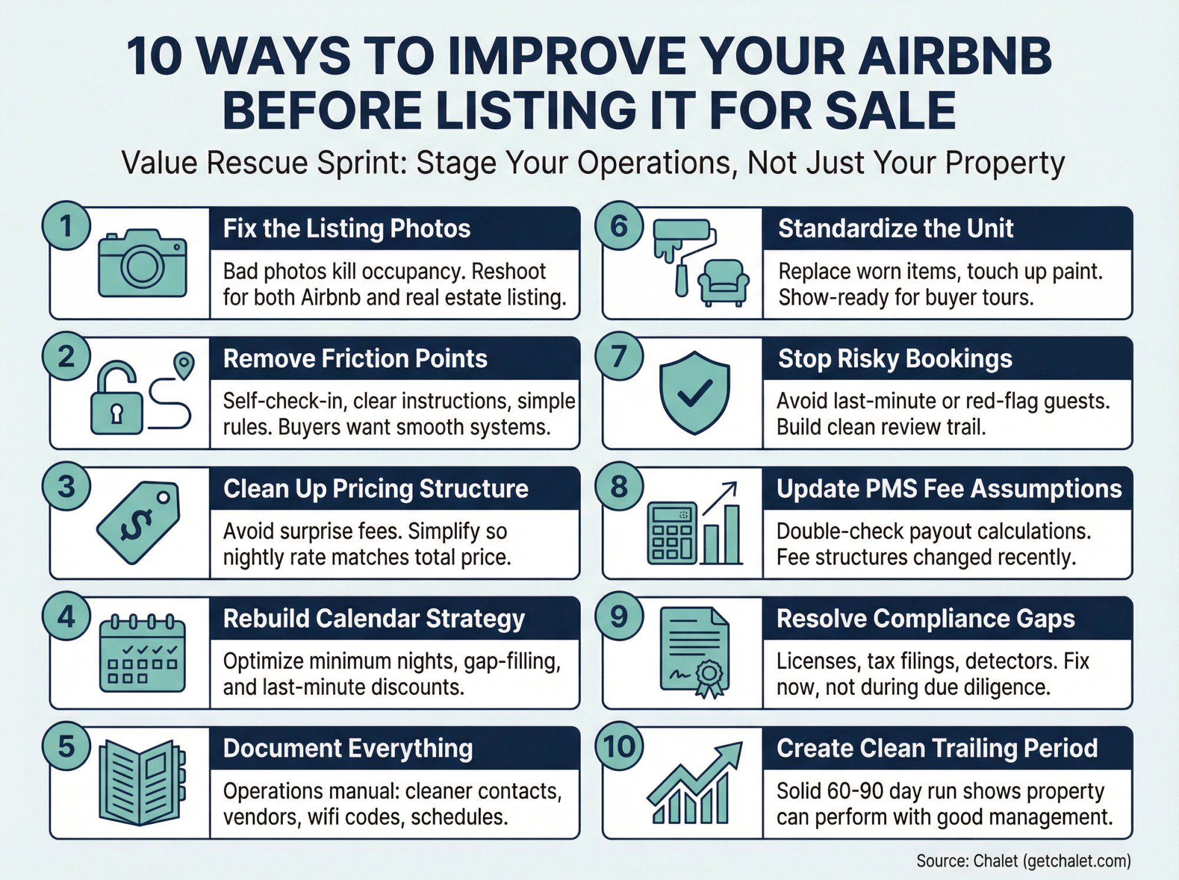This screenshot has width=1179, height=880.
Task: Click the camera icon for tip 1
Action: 142,263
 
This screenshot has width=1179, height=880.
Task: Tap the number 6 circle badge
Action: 619,226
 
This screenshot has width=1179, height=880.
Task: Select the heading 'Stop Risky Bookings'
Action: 895,358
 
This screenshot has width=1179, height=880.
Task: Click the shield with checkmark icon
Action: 694,393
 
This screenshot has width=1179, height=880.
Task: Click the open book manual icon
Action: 141,782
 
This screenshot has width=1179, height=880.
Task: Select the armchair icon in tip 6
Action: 723,282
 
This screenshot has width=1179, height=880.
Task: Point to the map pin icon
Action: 185,365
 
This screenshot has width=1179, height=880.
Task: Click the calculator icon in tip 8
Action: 671,533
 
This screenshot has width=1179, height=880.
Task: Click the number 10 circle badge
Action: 619,746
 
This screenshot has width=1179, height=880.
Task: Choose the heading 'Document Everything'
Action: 348,749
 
